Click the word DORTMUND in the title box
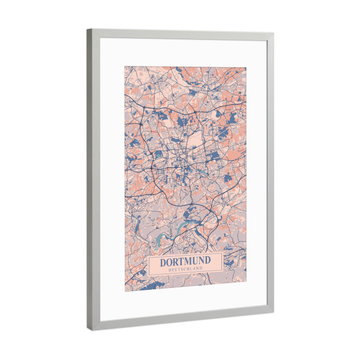tap(185, 262)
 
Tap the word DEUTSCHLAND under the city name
tap(185, 269)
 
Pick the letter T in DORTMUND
tap(181, 262)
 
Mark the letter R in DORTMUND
tap(175, 262)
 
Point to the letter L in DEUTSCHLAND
tap(191, 269)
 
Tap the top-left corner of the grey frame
tap(87, 28)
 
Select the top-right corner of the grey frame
tap(274, 34)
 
